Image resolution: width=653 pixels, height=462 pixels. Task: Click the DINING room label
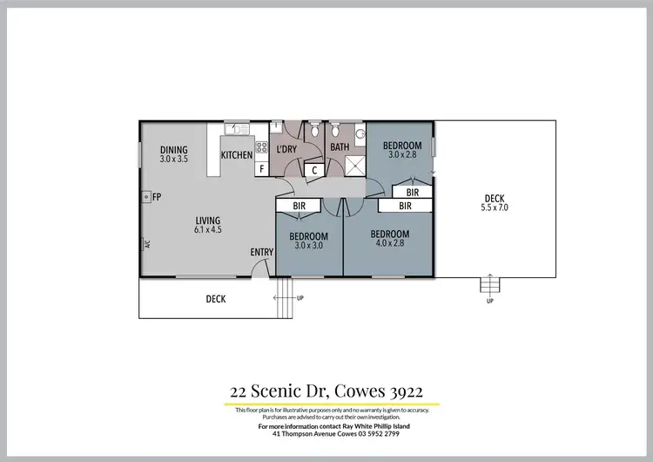click(x=174, y=150)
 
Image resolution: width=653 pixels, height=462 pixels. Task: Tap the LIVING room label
click(x=184, y=221)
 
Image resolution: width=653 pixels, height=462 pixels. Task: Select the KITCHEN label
click(x=236, y=155)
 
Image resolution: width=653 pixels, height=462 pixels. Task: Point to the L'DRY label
click(x=286, y=149)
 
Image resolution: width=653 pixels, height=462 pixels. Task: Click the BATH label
click(x=340, y=147)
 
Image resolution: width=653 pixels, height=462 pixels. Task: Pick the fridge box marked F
click(x=261, y=169)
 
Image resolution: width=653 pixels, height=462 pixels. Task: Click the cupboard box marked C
click(x=313, y=170)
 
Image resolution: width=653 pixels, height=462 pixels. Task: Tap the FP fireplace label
click(x=157, y=198)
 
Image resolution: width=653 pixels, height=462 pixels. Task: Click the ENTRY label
click(x=262, y=252)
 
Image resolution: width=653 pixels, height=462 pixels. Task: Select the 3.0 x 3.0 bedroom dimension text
click(x=308, y=246)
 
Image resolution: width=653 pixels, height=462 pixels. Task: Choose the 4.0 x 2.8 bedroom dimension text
click(x=389, y=243)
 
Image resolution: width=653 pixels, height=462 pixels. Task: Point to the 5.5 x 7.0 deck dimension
click(x=494, y=208)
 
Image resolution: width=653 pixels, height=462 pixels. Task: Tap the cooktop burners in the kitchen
click(x=261, y=146)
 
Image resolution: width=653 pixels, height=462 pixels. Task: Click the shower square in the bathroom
click(x=354, y=166)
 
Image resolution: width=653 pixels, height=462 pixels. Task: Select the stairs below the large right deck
click(x=490, y=285)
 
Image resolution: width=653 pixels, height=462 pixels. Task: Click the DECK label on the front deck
click(x=216, y=299)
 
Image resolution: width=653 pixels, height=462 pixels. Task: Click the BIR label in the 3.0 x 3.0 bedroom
click(x=300, y=206)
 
